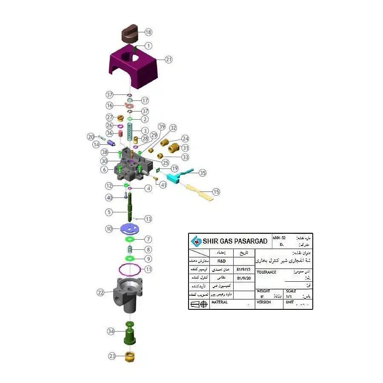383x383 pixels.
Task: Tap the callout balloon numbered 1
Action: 148,46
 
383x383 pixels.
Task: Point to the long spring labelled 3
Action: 131,130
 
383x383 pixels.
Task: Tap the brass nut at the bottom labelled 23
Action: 130,356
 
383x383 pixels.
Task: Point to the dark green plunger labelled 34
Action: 129,334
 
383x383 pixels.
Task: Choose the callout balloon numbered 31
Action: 185,148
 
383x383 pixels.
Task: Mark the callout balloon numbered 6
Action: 104,169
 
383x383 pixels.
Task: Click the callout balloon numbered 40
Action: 109,197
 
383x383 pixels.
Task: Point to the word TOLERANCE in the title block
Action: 266,272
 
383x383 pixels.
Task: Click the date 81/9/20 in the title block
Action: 244,278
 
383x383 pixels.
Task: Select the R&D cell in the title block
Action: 222,260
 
